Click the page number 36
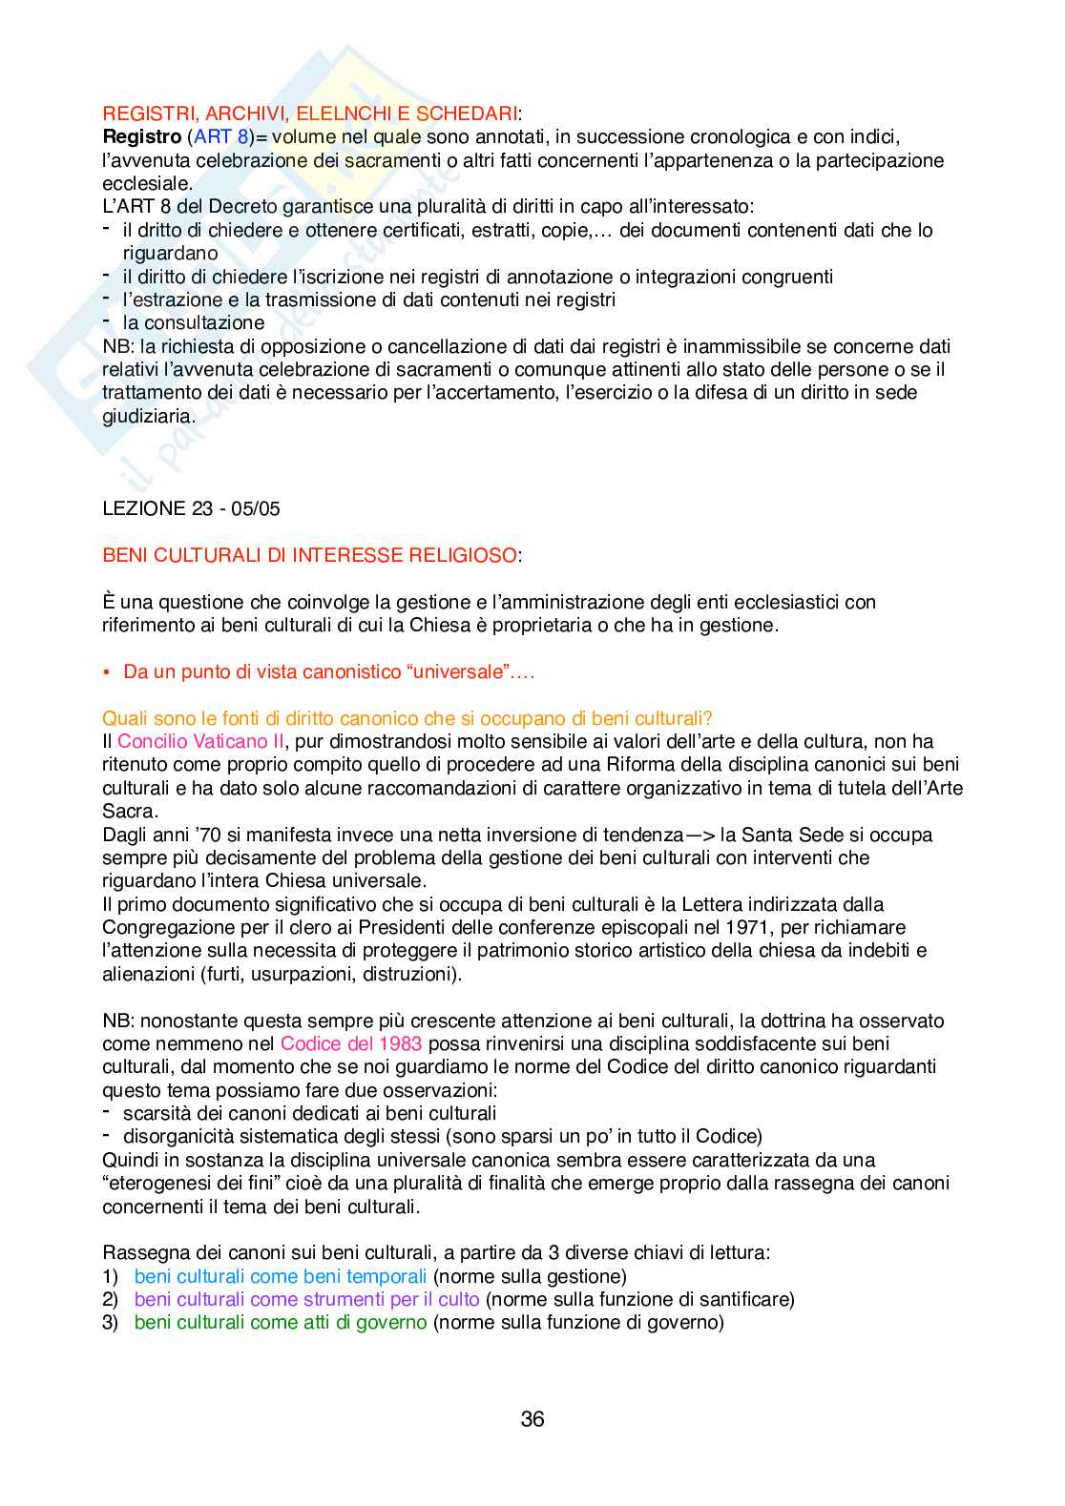pyautogui.click(x=532, y=1419)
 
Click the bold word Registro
pyautogui.click(x=141, y=137)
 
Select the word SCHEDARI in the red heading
pyautogui.click(x=467, y=113)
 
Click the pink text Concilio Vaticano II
pyautogui.click(x=200, y=741)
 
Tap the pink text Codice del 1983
pyautogui.click(x=351, y=1043)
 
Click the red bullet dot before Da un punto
pyautogui.click(x=108, y=672)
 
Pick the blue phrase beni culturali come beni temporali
pyautogui.click(x=280, y=1276)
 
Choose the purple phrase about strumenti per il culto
pyautogui.click(x=306, y=1299)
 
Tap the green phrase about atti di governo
pyautogui.click(x=280, y=1322)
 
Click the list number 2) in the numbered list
pyautogui.click(x=110, y=1299)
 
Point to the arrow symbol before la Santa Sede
pyautogui.click(x=701, y=835)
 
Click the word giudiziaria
pyautogui.click(x=148, y=416)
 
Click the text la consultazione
pyautogui.click(x=194, y=322)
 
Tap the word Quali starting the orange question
pyautogui.click(x=123, y=718)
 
